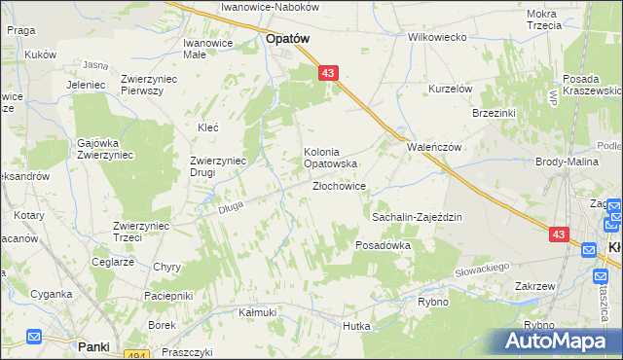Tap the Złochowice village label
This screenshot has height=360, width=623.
339,186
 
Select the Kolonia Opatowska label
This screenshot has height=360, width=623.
332,158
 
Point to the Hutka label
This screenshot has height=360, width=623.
356,326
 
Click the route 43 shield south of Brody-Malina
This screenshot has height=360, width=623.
558,234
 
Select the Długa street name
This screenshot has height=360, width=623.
231,206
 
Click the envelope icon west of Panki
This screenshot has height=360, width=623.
34,338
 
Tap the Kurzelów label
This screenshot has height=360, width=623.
451,89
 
